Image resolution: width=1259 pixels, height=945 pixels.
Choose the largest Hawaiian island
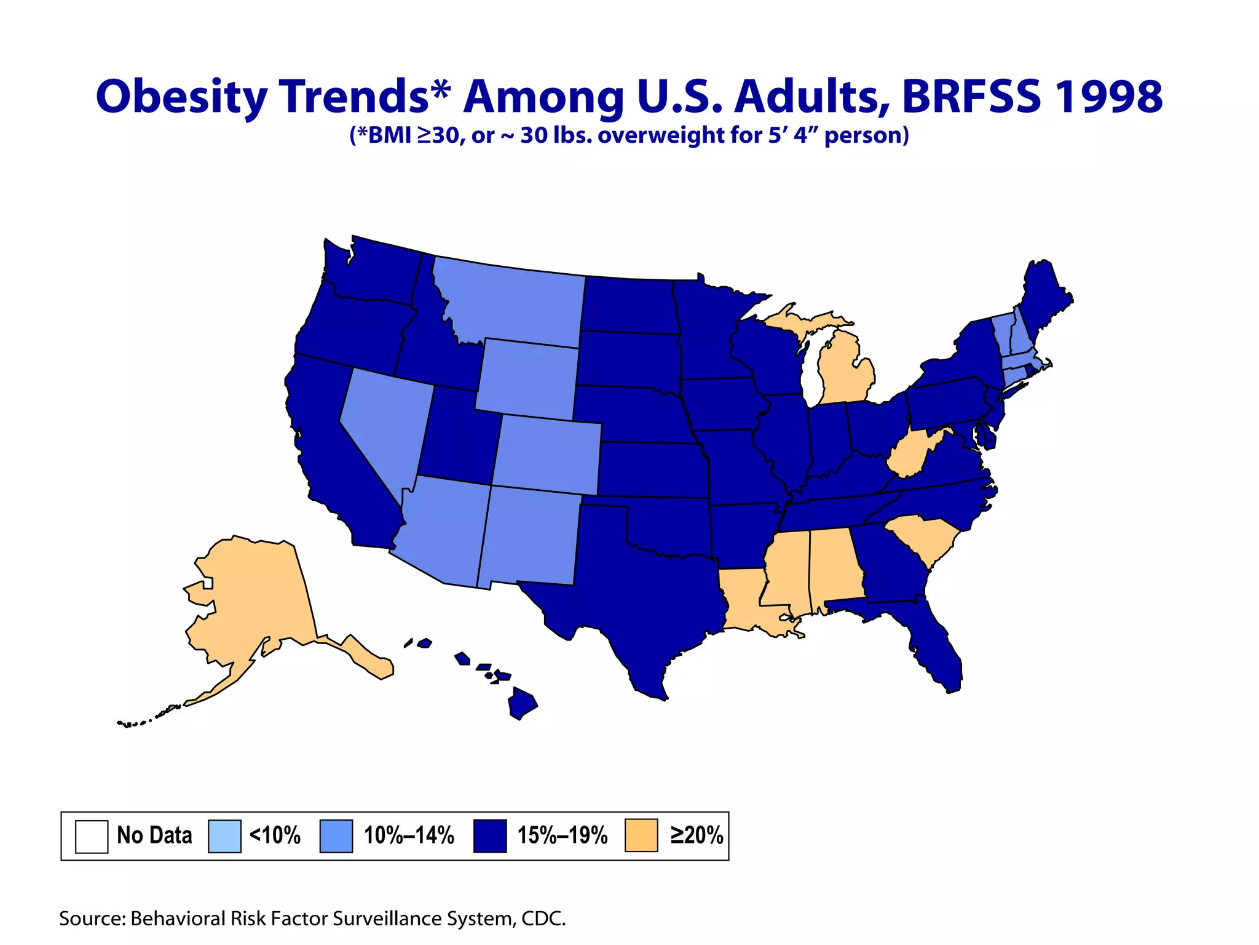pyautogui.click(x=522, y=703)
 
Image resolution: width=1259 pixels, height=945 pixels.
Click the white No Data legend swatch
pyautogui.click(x=92, y=836)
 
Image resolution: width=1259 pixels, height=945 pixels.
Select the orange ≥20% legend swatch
pyautogui.click(x=641, y=835)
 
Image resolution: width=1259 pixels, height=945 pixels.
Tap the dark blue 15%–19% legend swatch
pyautogui.click(x=490, y=835)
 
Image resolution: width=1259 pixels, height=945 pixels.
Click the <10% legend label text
pyautogui.click(x=275, y=835)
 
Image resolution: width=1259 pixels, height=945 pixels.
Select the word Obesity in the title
pyautogui.click(x=182, y=97)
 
